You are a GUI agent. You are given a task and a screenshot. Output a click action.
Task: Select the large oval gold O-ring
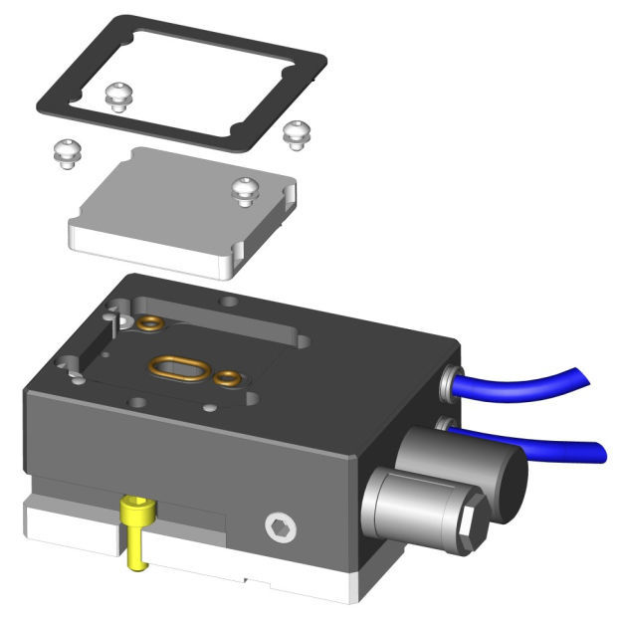pyautogui.click(x=180, y=367)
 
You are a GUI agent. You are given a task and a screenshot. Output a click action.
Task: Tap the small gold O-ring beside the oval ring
pyautogui.click(x=228, y=377)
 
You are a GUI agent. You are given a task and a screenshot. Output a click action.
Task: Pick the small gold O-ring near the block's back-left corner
pyautogui.click(x=151, y=322)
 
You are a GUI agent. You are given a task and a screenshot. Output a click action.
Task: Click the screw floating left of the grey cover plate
pyautogui.click(x=65, y=152)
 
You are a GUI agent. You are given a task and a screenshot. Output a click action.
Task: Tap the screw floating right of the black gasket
pyautogui.click(x=297, y=132)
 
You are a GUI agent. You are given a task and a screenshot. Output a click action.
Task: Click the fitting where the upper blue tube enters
pyautogui.click(x=450, y=379)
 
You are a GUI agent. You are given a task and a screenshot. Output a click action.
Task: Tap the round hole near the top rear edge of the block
pyautogui.click(x=231, y=299)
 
